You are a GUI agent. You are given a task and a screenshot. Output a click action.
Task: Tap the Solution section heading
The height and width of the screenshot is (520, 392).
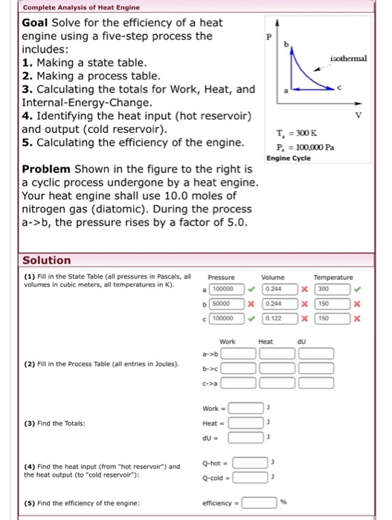[47, 260]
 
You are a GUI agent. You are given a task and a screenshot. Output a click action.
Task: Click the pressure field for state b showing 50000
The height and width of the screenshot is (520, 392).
[221, 303]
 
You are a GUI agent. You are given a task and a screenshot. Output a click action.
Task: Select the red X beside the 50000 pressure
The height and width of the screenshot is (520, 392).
[249, 303]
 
